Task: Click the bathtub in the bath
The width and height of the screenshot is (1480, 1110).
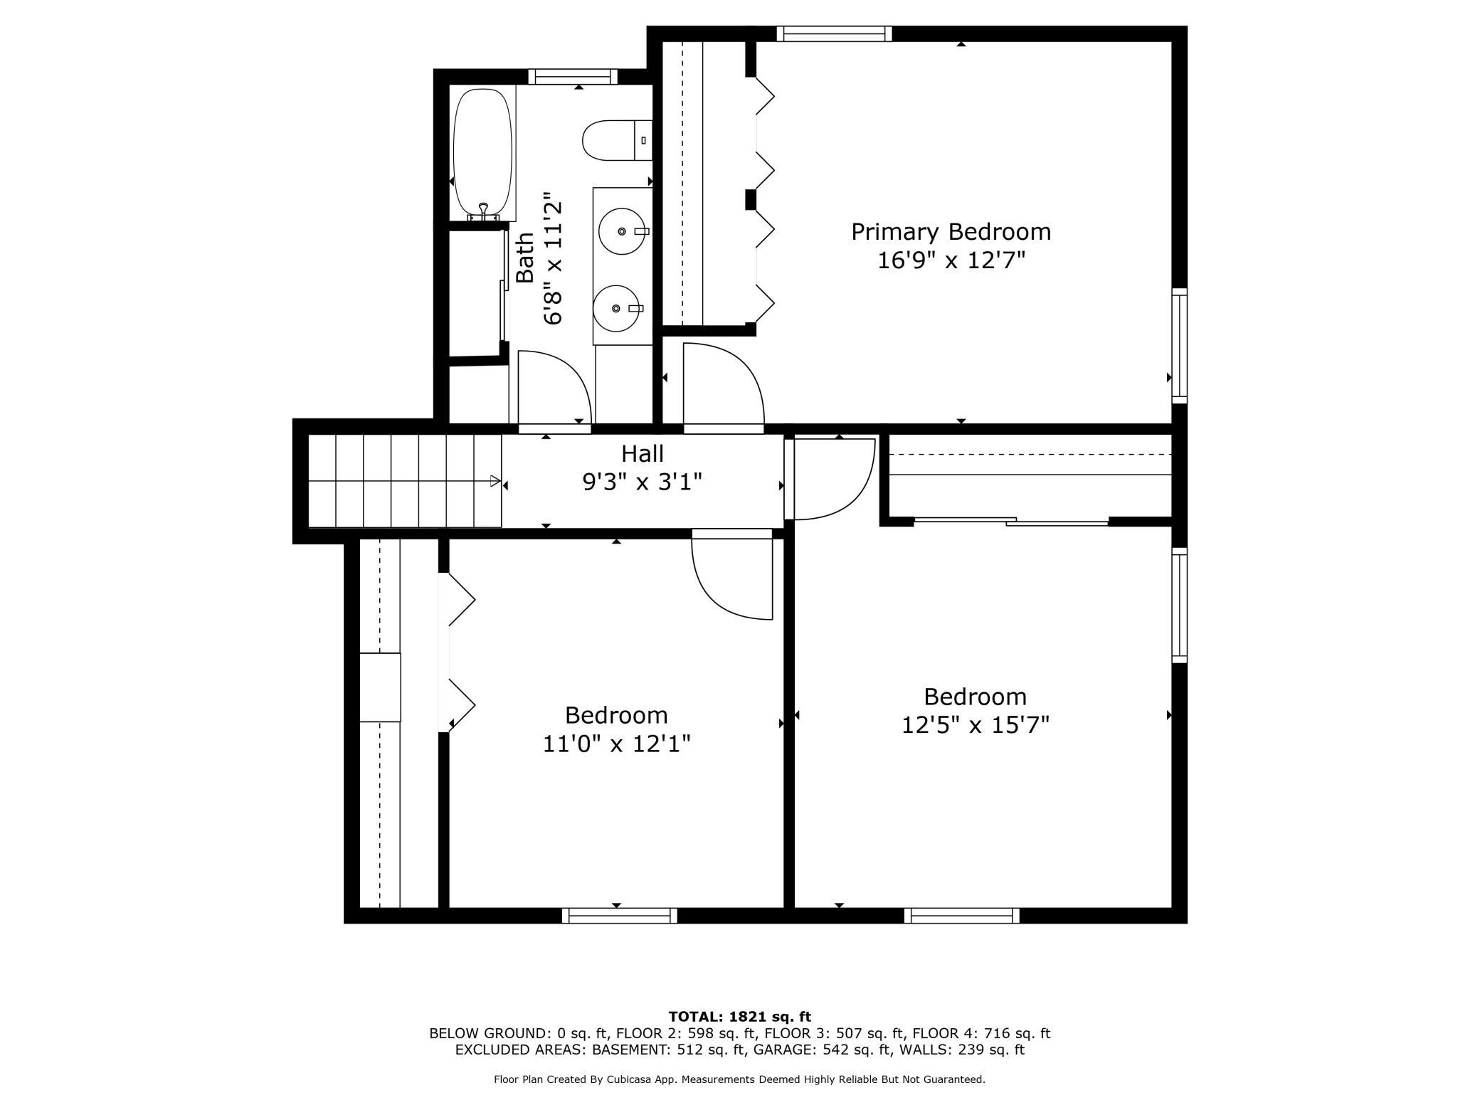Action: (x=482, y=153)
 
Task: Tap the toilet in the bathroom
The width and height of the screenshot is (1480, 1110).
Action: (x=617, y=140)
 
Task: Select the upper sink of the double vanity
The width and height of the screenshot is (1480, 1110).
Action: (x=623, y=231)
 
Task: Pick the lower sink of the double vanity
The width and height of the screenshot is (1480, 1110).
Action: (x=617, y=308)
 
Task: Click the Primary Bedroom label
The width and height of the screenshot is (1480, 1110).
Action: (x=951, y=232)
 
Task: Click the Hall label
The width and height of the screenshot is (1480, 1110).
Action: (x=643, y=453)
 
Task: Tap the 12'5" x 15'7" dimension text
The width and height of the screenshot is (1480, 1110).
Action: (x=976, y=725)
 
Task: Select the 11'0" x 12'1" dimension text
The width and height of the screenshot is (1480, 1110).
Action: (x=617, y=744)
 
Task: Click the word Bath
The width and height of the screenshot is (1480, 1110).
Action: (x=525, y=258)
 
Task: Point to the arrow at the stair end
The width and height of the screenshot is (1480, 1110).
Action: (x=495, y=481)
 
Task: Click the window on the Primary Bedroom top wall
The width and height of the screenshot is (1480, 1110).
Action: (x=834, y=33)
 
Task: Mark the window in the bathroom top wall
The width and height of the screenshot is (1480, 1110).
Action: (x=573, y=76)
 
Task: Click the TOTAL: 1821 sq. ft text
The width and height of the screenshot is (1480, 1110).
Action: (x=740, y=1017)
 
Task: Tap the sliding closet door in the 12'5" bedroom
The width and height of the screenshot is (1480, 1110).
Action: (x=1011, y=522)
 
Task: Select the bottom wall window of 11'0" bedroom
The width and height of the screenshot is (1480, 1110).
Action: (x=620, y=916)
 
